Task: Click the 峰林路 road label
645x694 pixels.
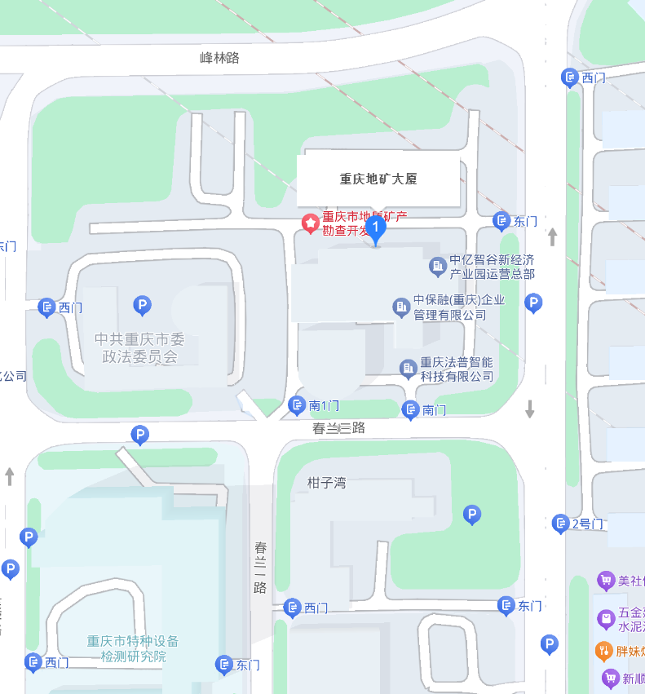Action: click(219, 58)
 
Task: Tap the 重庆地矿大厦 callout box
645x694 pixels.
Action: click(378, 179)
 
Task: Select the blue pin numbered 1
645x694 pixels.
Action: click(375, 226)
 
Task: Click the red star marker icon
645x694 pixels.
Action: click(311, 223)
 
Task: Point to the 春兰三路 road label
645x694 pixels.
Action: click(338, 427)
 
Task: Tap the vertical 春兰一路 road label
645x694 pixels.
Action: click(260, 567)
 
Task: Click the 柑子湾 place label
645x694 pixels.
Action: click(327, 483)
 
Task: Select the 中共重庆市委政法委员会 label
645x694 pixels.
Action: click(139, 348)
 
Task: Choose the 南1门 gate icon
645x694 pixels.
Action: click(298, 404)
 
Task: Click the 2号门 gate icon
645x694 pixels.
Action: click(560, 523)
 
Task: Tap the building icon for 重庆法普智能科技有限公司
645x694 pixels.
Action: click(409, 369)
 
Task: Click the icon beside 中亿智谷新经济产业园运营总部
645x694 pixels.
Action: click(438, 266)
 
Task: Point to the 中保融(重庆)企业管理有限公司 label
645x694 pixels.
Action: click(458, 307)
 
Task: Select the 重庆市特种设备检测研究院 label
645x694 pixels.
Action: click(133, 648)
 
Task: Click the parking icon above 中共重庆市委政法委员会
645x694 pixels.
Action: click(142, 306)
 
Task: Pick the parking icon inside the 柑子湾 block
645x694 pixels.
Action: click(471, 514)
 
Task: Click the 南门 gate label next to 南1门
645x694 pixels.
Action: click(435, 410)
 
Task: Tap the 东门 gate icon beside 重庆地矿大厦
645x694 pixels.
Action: click(502, 220)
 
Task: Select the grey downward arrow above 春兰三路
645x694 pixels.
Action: click(530, 409)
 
